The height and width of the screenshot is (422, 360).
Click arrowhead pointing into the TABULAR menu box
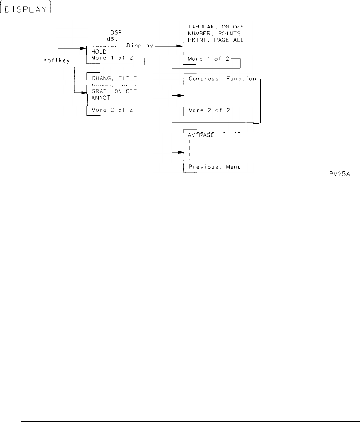[179, 47]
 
